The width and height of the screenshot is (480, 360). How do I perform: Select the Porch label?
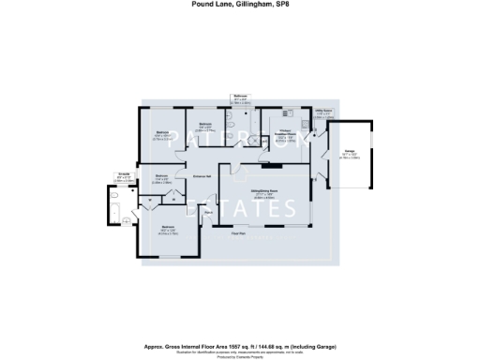[x=209, y=214]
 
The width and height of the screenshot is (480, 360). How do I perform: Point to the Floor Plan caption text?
[x=238, y=233]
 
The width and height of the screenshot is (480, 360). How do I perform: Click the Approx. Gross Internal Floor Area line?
[x=239, y=335]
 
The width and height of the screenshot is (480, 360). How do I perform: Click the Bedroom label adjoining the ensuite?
[x=168, y=228]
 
